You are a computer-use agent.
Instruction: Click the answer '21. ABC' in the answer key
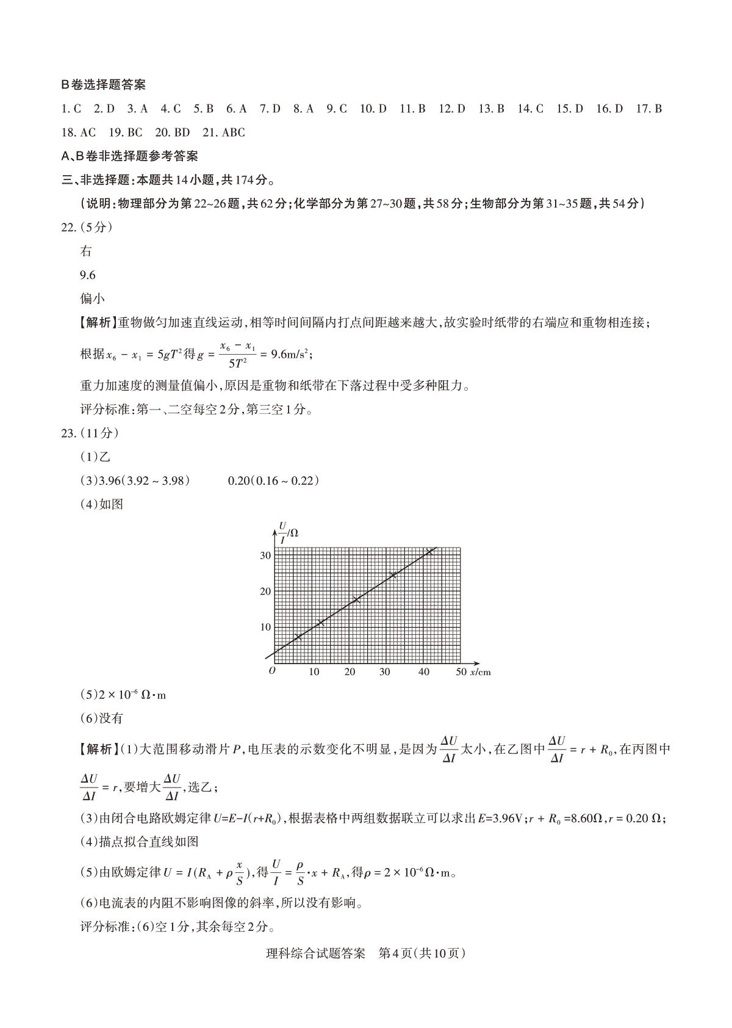pyautogui.click(x=223, y=132)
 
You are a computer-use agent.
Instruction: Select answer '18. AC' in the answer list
pyautogui.click(x=79, y=132)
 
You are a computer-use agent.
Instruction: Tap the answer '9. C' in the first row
pyautogui.click(x=336, y=109)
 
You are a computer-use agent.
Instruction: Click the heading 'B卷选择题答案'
pyautogui.click(x=103, y=85)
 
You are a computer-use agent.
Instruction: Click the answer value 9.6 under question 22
pyautogui.click(x=88, y=275)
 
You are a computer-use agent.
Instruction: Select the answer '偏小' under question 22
pyautogui.click(x=92, y=299)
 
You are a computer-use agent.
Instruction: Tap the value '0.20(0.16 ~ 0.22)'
pyautogui.click(x=274, y=480)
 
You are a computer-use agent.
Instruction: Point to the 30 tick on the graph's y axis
pyautogui.click(x=265, y=556)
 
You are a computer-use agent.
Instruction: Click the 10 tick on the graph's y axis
pyautogui.click(x=265, y=627)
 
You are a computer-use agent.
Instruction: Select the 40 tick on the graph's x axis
pyautogui.click(x=423, y=672)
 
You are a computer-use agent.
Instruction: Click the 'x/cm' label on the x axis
pyautogui.click(x=480, y=672)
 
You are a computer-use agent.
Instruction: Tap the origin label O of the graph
pyautogui.click(x=272, y=670)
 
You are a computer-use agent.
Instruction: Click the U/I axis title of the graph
pyautogui.click(x=287, y=532)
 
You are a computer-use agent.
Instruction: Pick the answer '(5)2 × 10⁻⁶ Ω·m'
pyautogui.click(x=123, y=695)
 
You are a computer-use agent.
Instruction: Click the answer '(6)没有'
pyautogui.click(x=102, y=719)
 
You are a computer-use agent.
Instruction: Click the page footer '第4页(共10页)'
pyautogui.click(x=422, y=953)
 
